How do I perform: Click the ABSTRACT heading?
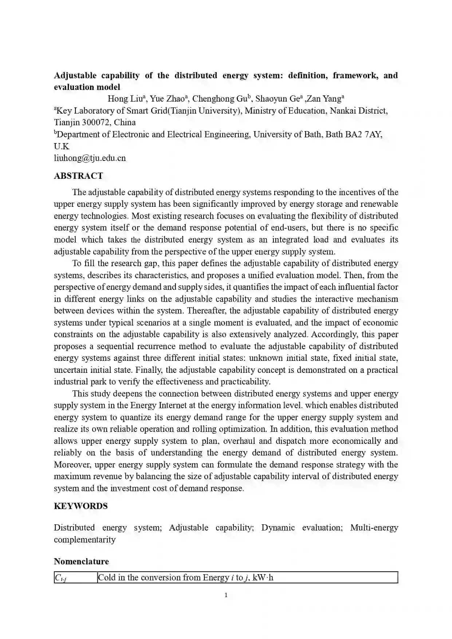click(x=78, y=176)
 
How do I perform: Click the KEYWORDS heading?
click(x=80, y=506)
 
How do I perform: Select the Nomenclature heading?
click(x=81, y=561)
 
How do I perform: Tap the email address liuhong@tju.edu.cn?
click(x=90, y=158)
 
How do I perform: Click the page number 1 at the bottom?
click(x=226, y=595)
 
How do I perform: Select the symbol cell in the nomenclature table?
click(x=75, y=578)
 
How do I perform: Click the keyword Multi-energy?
click(x=374, y=528)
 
